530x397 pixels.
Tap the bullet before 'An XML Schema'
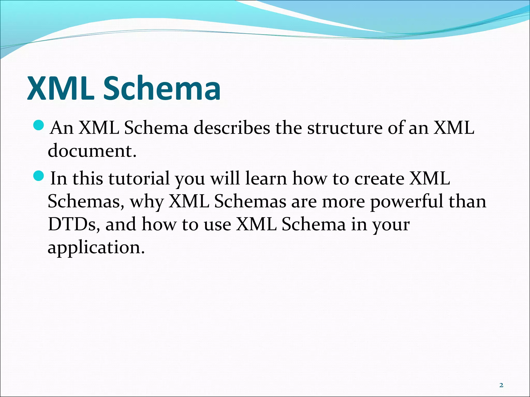(39, 126)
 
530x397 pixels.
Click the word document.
(92, 151)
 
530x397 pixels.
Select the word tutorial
(139, 179)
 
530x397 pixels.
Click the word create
(379, 179)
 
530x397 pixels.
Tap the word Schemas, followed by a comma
(86, 202)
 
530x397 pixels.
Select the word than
(467, 202)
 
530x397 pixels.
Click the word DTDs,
(74, 224)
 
